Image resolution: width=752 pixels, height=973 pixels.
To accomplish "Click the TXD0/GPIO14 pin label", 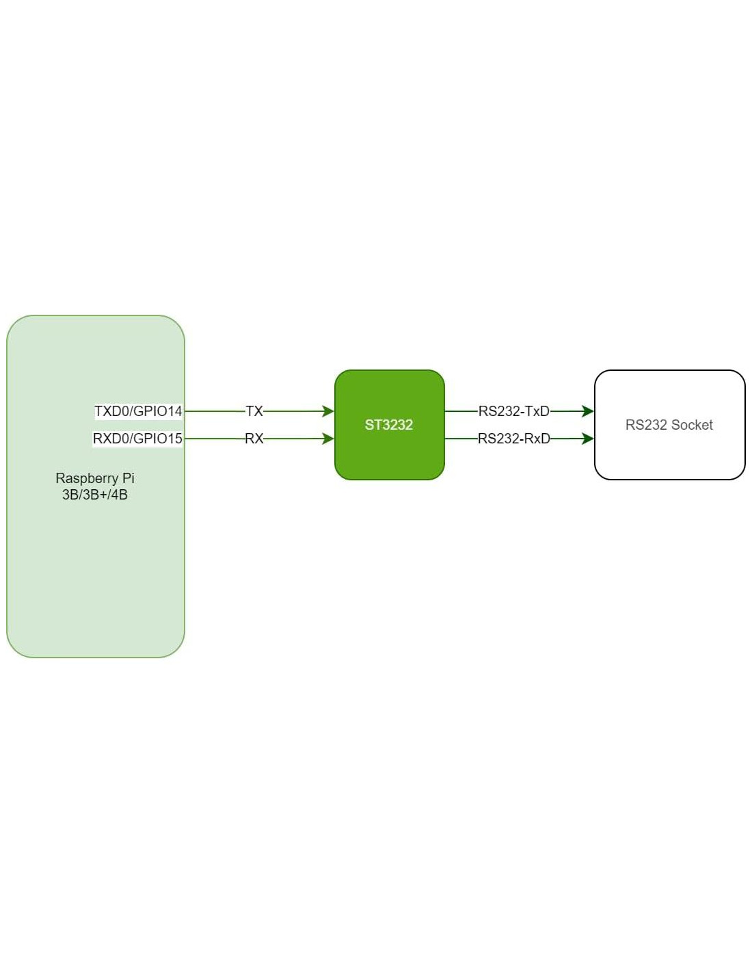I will pos(138,411).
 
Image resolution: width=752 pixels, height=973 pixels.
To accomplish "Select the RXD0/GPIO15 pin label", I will pos(137,439).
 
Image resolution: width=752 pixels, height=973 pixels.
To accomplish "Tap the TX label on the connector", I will pos(254,411).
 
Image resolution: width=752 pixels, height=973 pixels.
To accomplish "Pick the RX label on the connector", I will pos(254,439).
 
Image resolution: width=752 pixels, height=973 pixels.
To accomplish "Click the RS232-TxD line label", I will pos(513,411).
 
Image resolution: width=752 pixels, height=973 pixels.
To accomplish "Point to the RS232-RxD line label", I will pos(513,439).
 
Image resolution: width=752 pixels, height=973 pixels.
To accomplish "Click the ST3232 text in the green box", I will pos(389,425).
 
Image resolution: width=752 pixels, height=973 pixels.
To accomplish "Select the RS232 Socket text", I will pos(669,425).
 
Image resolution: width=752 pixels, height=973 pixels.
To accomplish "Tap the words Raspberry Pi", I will pos(95,478).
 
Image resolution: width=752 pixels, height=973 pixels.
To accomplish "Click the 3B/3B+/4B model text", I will pos(95,495).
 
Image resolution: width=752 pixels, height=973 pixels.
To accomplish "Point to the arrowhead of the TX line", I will pos(328,411).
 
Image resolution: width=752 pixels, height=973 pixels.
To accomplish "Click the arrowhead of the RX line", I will pos(328,439).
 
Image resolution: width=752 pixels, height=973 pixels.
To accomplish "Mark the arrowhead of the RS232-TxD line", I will pos(588,411).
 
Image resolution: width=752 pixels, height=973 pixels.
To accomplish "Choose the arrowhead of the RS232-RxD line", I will pos(588,439).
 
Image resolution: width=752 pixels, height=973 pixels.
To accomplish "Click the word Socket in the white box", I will pos(692,425).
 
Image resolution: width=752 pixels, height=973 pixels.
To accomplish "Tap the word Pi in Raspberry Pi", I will pos(129,478).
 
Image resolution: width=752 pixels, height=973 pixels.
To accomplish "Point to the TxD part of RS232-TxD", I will pos(537,411).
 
